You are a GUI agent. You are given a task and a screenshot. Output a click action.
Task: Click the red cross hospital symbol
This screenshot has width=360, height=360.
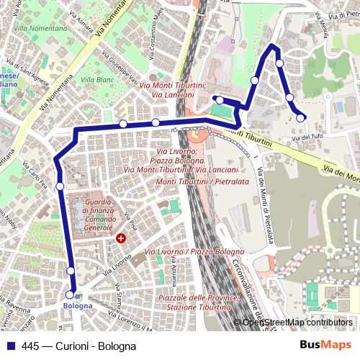pyautogui.click(x=121, y=237)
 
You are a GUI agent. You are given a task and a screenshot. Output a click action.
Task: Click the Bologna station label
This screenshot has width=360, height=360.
pyautogui.click(x=78, y=305)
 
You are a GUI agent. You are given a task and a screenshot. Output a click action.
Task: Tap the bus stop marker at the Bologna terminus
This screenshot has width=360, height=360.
pyautogui.click(x=70, y=294)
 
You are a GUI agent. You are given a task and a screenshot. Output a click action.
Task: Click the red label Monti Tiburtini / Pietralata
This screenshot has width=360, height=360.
pyautogui.click(x=198, y=182)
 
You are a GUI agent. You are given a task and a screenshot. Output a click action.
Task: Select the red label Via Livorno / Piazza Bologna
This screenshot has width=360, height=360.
pyautogui.click(x=194, y=252)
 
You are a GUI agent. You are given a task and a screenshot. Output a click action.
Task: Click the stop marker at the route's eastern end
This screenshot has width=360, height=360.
pyautogui.click(x=301, y=117)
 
